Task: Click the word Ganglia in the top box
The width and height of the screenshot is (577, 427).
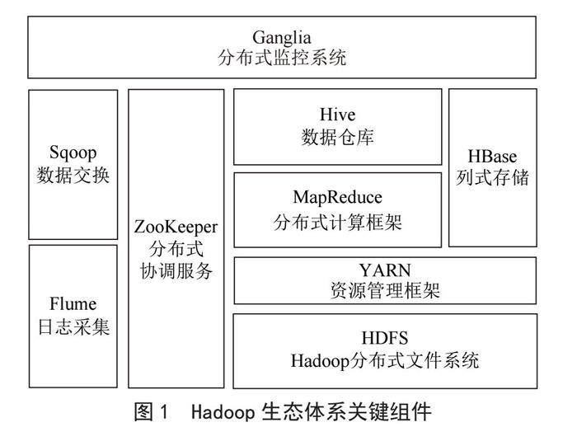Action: pos(282,37)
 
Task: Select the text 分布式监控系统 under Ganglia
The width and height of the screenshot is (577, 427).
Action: pos(282,59)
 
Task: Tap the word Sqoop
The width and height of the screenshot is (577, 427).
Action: pos(73,153)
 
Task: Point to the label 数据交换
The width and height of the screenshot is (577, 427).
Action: pos(73,175)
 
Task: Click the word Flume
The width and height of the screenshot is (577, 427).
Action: pos(73,305)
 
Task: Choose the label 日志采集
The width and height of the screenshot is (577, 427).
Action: pos(73,326)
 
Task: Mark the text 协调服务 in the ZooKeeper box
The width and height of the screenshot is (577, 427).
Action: pos(176,270)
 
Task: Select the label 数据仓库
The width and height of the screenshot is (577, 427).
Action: pos(338,137)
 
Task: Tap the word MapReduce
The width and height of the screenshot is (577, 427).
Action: pos(338,198)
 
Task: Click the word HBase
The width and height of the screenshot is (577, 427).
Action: pos(492,157)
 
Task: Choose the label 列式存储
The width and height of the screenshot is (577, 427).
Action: pos(492,177)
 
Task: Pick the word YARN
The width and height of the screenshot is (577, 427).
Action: pos(384,270)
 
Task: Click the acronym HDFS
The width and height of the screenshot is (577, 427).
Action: pos(384,339)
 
